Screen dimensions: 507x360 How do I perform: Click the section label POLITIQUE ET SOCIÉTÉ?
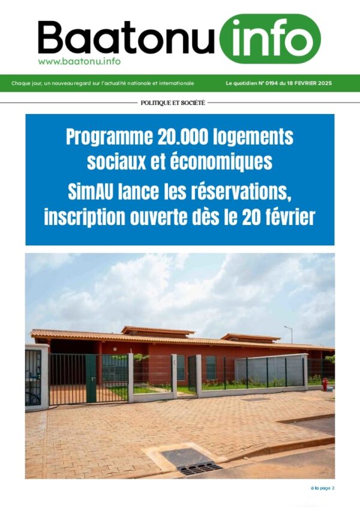173,103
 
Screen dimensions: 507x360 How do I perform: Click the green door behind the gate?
91,378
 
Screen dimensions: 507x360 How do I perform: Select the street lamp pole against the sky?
291,334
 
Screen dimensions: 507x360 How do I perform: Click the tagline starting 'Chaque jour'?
103,83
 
